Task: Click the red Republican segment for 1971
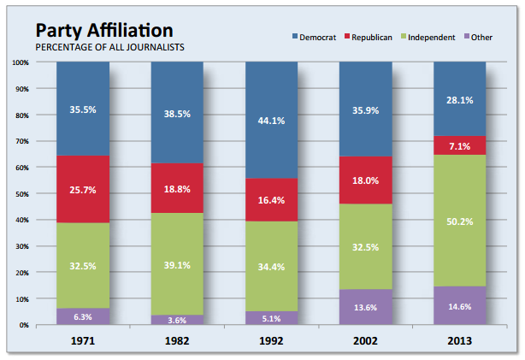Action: click(83, 189)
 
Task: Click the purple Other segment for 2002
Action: click(365, 307)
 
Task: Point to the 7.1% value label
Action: click(459, 145)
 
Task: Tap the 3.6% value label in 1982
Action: click(177, 320)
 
